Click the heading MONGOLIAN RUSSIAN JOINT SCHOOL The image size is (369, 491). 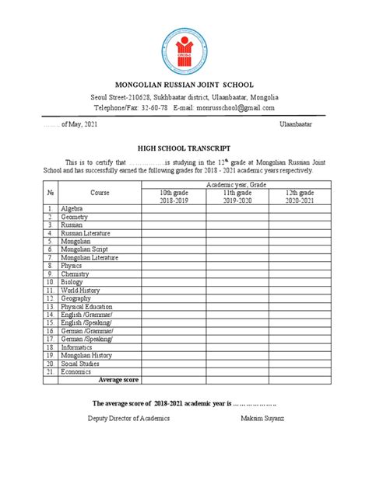(x=184, y=84)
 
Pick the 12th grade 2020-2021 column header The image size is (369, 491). (x=300, y=196)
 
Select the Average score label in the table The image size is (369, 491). (x=118, y=379)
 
